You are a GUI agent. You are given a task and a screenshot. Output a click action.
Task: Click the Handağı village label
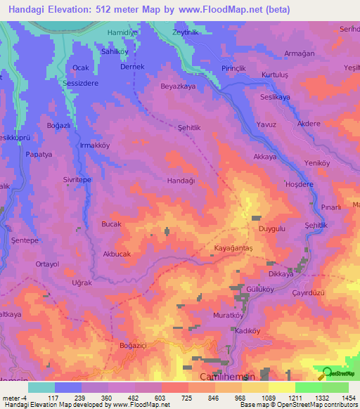181,180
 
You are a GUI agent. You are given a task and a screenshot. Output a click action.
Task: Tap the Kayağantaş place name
233,249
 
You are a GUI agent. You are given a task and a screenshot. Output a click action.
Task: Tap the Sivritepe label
77,180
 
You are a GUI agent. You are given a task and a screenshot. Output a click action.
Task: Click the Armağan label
297,53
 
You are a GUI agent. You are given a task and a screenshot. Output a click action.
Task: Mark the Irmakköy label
95,145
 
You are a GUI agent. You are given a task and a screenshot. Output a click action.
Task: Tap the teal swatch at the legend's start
41,387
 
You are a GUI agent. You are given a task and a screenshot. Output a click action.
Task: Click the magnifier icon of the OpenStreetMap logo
326,374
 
